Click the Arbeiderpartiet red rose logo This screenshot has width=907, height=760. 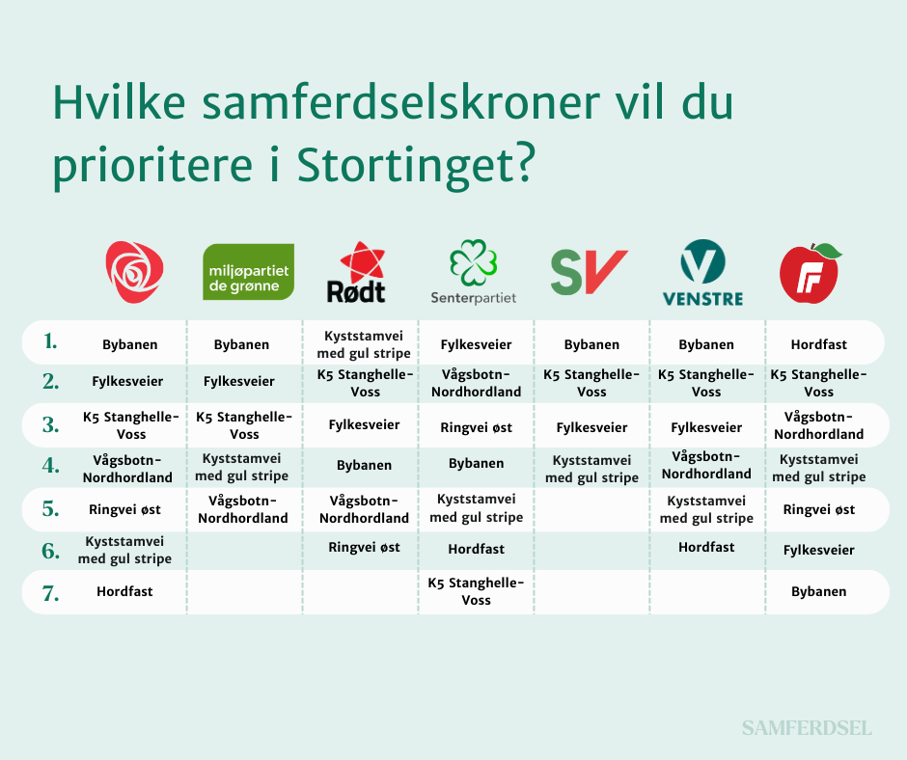134,272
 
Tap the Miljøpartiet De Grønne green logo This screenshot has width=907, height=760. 248,272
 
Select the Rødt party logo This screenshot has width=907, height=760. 359,272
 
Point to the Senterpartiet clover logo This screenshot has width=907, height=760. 474,272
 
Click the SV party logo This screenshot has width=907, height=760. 589,272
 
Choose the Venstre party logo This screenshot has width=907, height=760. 702,272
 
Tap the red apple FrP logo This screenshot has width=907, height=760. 810,272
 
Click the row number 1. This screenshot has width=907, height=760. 51,341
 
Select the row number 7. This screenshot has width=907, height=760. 51,593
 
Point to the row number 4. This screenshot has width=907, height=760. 51,465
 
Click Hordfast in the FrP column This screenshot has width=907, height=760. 818,344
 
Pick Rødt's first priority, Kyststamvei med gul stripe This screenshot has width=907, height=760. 364,344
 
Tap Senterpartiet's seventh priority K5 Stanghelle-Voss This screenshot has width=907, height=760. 476,591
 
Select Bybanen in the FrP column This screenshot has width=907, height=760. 818,591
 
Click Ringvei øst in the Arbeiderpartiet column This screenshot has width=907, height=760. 124,509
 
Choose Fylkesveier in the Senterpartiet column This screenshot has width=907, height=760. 476,344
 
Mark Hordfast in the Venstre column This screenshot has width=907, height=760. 706,547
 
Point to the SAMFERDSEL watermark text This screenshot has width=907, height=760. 807,728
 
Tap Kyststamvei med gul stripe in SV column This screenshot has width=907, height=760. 591,469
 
